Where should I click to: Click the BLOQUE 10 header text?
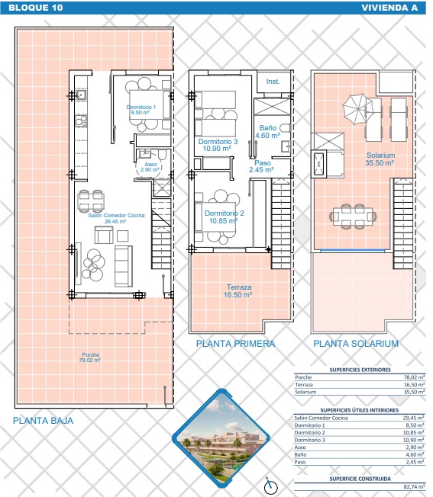[36, 8]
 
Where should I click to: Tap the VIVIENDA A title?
[389, 8]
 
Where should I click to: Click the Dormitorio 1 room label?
[141, 110]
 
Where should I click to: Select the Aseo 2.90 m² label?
[150, 167]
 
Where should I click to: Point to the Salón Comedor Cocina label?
[116, 218]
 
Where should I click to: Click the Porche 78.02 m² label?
[90, 358]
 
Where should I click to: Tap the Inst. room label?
[273, 82]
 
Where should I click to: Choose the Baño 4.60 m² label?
[267, 132]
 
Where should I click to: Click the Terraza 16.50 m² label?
[238, 291]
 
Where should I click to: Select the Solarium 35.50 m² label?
[380, 159]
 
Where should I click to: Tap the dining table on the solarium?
[353, 216]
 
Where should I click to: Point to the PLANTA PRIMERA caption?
[235, 344]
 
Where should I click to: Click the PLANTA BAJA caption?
[43, 421]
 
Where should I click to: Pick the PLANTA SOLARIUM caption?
[356, 344]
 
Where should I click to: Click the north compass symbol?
[270, 486]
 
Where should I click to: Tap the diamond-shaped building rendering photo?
[221, 438]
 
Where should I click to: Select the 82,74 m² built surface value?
[414, 486]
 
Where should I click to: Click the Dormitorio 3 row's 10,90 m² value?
[414, 440]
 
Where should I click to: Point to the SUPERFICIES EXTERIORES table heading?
[360, 370]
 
